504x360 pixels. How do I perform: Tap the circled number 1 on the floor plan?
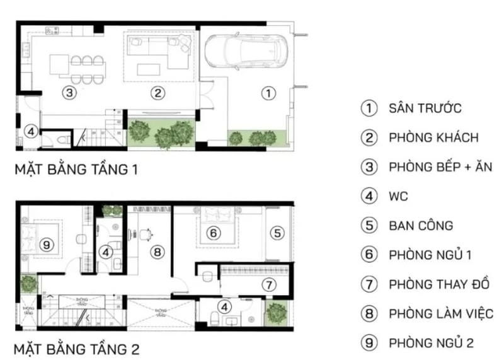(x=268, y=93)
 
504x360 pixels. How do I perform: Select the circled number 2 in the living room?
(x=158, y=93)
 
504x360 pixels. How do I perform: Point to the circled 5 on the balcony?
(x=277, y=233)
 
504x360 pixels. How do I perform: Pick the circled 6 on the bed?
(x=214, y=233)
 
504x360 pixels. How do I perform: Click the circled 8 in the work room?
(x=157, y=252)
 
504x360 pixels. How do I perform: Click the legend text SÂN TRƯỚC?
(x=425, y=108)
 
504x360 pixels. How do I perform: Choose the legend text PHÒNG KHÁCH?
(x=434, y=137)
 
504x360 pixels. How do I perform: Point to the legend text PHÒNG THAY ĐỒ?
(x=439, y=284)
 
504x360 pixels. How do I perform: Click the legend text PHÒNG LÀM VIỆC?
(x=441, y=313)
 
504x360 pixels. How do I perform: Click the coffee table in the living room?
(x=149, y=68)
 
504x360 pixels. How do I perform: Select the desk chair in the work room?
(x=146, y=233)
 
